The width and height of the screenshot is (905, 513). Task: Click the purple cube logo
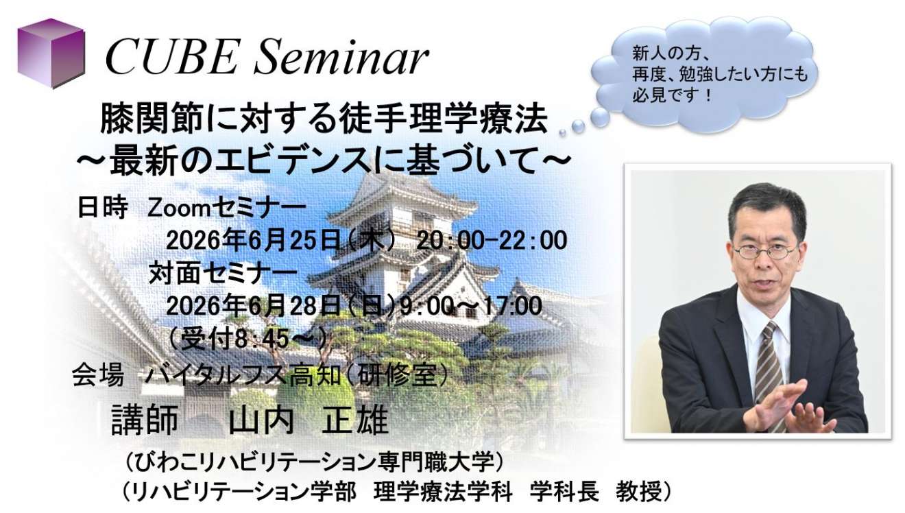click(51, 53)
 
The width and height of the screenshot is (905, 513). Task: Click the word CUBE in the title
click(171, 58)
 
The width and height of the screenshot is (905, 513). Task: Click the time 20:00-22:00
click(492, 241)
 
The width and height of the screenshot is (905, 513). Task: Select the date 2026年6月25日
click(253, 241)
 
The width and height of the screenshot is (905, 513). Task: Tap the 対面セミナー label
click(223, 273)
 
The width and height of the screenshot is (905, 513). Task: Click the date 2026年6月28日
click(253, 306)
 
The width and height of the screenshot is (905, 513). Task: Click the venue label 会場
click(98, 376)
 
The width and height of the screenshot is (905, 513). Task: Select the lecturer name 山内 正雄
click(309, 420)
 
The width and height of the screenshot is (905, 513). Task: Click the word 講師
click(145, 420)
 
